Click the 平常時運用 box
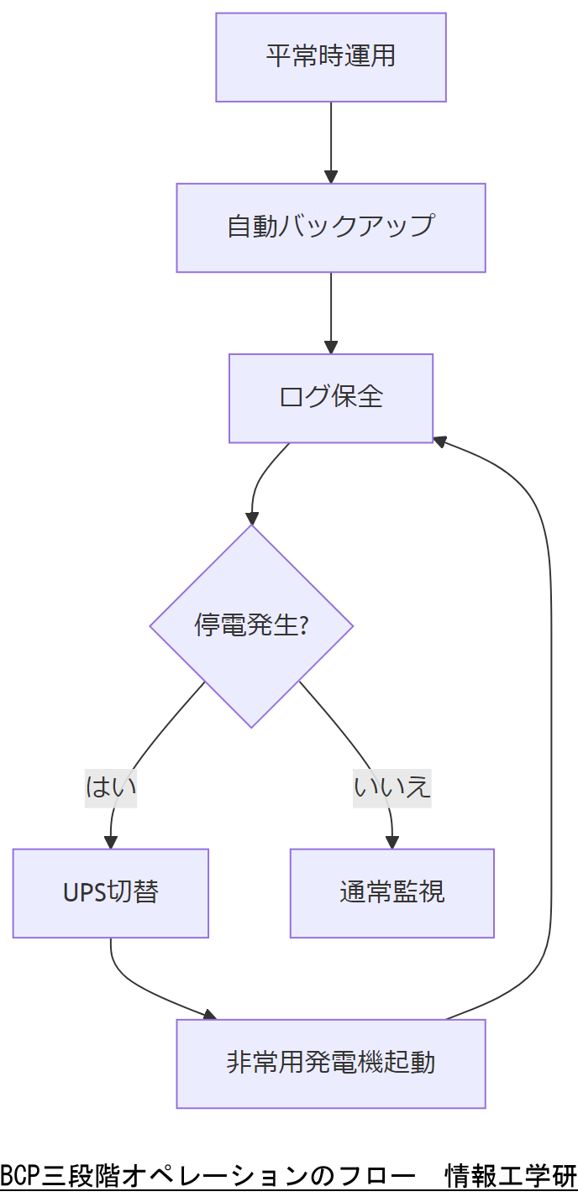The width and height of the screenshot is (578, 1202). pos(331,57)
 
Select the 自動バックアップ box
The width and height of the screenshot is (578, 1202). pos(331,227)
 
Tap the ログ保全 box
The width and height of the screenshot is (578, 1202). pos(331,398)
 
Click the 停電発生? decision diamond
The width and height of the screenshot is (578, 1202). pos(251,626)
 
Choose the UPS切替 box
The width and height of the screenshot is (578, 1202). pos(111,893)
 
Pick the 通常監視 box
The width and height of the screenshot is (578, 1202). pos(392,893)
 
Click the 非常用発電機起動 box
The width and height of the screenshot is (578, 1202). pos(331,1064)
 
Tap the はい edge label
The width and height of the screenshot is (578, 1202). pos(111,787)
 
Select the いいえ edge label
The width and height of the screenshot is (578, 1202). pos(392,787)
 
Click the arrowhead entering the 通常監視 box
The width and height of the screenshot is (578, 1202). pos(392,843)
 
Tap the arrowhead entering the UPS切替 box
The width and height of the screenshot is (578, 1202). pos(111,843)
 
